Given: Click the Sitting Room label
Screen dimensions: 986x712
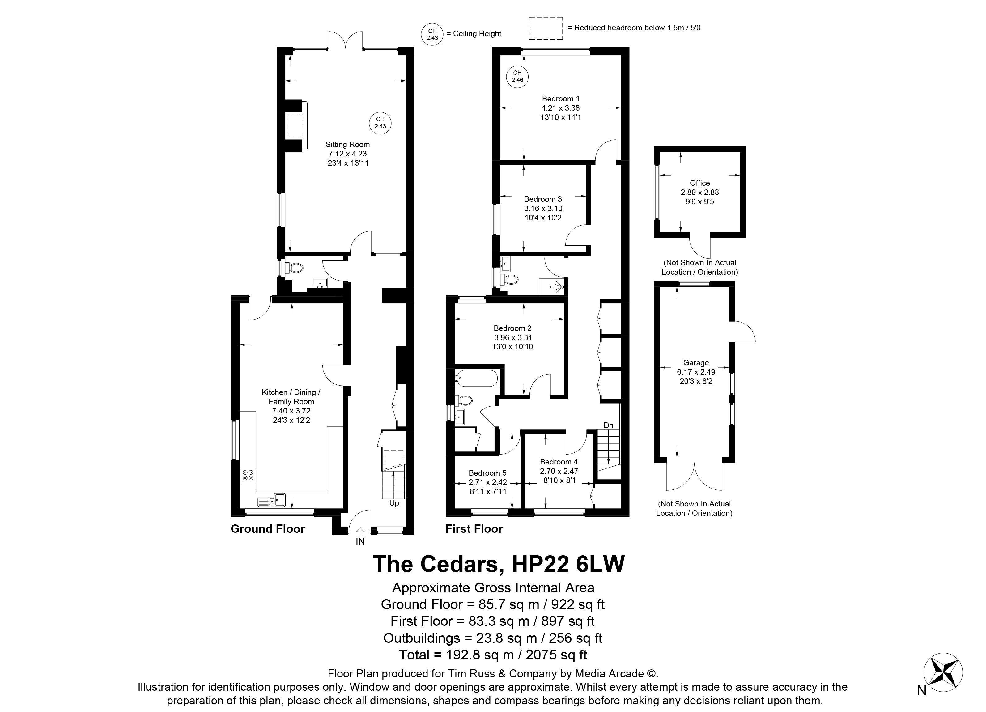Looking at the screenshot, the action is pyautogui.click(x=348, y=144).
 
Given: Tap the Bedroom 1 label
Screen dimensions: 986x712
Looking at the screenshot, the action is pyautogui.click(x=561, y=99).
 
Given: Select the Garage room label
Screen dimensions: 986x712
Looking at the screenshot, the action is pyautogui.click(x=696, y=362).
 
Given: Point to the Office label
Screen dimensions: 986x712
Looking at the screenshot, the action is pyautogui.click(x=700, y=183).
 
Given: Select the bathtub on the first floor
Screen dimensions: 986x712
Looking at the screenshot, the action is pyautogui.click(x=477, y=379).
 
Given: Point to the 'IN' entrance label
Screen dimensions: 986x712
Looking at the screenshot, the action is pyautogui.click(x=360, y=542).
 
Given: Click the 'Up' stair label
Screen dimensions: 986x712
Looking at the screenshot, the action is pyautogui.click(x=394, y=503).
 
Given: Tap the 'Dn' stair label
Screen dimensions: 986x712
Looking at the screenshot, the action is pyautogui.click(x=609, y=425).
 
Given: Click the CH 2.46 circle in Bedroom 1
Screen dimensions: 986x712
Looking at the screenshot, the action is pyautogui.click(x=517, y=77).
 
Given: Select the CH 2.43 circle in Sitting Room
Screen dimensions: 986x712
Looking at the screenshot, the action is pyautogui.click(x=380, y=123).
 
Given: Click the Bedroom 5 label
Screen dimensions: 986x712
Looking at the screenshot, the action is pyautogui.click(x=488, y=473).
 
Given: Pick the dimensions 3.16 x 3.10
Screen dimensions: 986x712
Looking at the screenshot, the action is pyautogui.click(x=543, y=208).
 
